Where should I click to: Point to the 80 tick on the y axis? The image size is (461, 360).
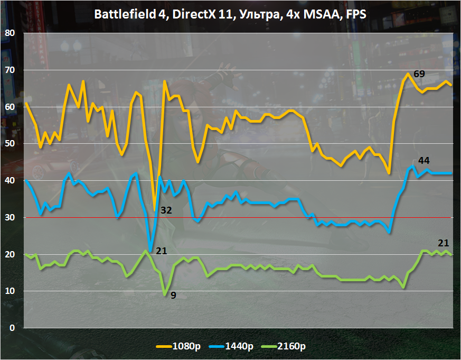click(10, 33)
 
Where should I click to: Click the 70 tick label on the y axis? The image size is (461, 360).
click(10, 70)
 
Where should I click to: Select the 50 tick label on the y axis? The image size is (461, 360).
click(10, 143)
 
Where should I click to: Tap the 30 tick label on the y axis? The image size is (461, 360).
click(10, 217)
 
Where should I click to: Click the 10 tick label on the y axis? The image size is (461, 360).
click(10, 291)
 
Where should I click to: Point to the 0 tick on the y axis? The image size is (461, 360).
click(12, 328)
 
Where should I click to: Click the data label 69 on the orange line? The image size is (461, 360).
click(419, 73)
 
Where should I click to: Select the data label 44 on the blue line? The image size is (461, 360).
click(424, 160)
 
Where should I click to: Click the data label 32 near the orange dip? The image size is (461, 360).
click(166, 210)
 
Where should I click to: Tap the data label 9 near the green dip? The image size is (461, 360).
click(173, 295)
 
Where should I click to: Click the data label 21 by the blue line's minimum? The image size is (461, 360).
click(162, 251)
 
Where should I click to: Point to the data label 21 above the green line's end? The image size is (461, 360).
click(443, 243)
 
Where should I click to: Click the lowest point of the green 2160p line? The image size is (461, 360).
click(165, 294)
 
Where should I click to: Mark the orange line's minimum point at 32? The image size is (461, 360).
click(155, 210)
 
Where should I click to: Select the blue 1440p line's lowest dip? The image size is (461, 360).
click(150, 251)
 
